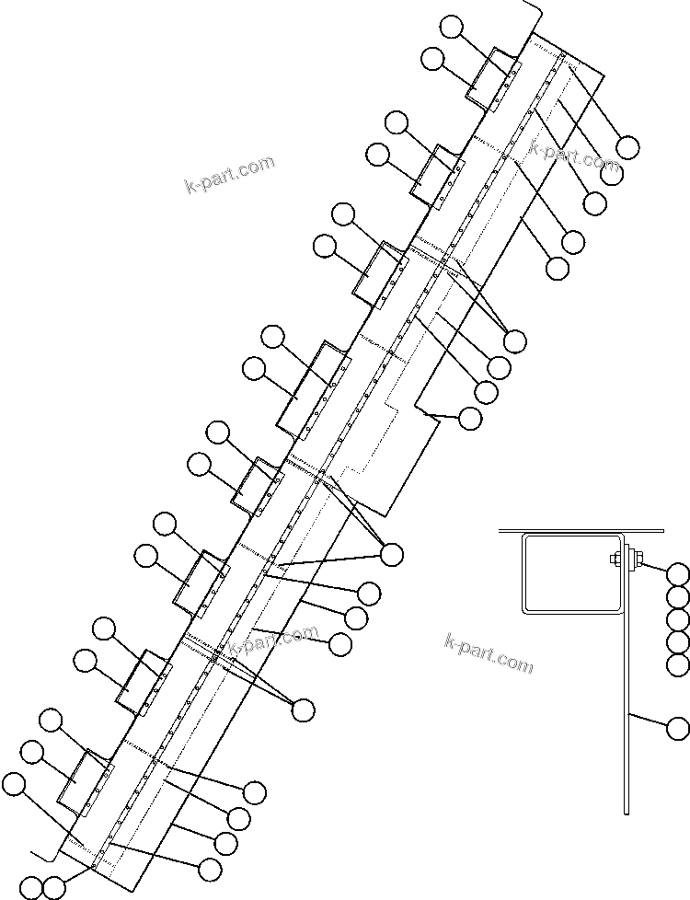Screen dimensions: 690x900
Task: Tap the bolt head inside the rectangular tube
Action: [614, 558]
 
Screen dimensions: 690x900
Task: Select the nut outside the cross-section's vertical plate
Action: [635, 558]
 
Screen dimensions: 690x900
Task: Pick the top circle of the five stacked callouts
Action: [678, 574]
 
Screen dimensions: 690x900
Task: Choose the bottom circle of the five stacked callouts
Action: [678, 664]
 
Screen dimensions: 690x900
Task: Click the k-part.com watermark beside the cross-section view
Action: [489, 652]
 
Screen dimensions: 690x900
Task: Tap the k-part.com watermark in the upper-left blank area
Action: [230, 174]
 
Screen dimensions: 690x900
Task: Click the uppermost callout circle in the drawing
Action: [452, 27]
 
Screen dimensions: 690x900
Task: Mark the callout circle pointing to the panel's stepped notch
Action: [470, 419]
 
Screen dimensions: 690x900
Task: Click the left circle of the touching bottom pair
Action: [31, 887]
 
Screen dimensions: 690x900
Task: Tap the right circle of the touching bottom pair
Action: [54, 887]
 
